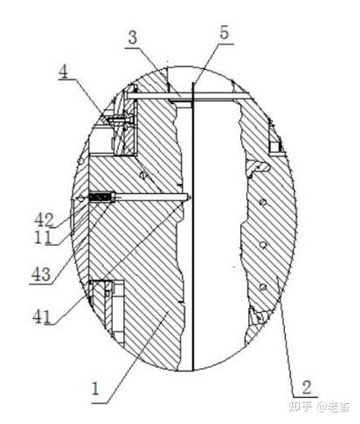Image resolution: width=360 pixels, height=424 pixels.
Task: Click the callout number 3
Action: coord(133,38)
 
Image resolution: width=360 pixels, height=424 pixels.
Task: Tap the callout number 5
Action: coord(225,32)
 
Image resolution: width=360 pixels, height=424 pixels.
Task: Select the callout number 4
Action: coord(63,72)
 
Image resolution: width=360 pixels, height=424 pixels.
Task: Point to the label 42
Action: coord(45,220)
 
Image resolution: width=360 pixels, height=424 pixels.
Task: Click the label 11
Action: coord(43,237)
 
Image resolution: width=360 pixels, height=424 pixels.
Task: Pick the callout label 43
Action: coord(41,275)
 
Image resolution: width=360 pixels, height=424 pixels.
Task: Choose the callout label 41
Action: coord(43,316)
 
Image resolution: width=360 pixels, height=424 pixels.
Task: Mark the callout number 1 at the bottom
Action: coord(95,389)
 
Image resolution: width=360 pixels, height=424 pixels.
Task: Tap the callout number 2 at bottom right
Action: coord(307,387)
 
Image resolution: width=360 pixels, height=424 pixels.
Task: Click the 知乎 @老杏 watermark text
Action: coord(319,407)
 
